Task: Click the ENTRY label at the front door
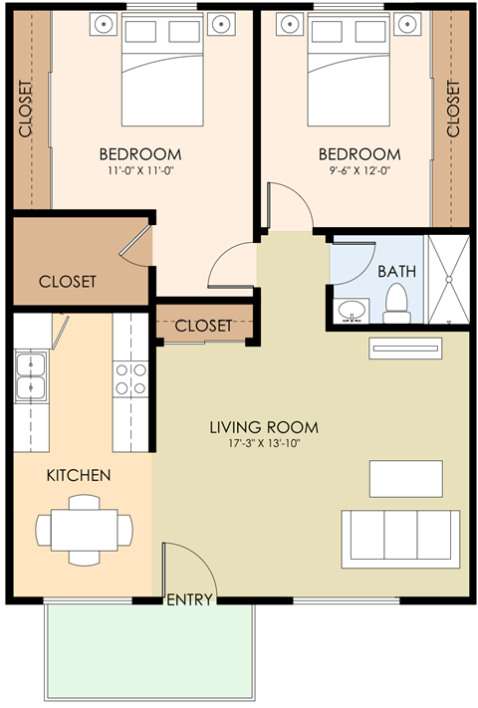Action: (x=189, y=599)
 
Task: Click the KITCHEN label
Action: (x=79, y=475)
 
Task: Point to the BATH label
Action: (x=396, y=271)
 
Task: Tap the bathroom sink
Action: (x=351, y=312)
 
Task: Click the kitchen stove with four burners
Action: (x=132, y=378)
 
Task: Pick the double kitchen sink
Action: (x=32, y=375)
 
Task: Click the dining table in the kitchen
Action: (x=83, y=530)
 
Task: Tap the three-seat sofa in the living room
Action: (x=400, y=538)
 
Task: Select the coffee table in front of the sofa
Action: (x=405, y=478)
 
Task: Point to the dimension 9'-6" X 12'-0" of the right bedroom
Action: (x=359, y=171)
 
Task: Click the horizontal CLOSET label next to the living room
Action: (x=203, y=326)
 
